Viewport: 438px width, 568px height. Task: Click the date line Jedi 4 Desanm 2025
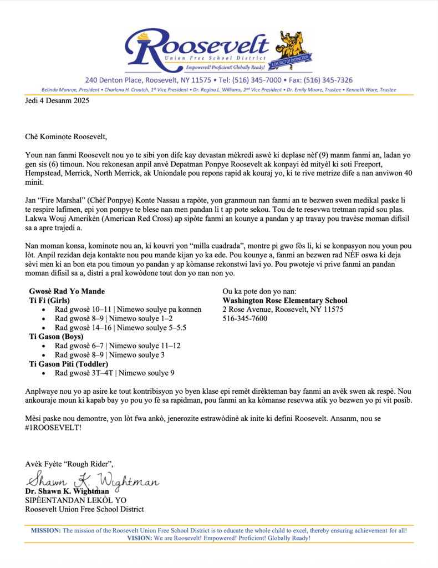coord(57,101)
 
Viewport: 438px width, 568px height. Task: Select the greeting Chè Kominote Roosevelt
coord(66,136)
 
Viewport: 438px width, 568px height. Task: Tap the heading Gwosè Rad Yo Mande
coord(67,292)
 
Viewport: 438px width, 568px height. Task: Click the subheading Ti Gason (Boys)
coord(56,337)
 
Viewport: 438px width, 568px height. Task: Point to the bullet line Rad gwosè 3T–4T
coord(114,373)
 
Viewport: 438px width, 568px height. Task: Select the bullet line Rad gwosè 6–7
coord(117,346)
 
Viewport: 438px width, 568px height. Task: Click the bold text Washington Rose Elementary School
coord(284,301)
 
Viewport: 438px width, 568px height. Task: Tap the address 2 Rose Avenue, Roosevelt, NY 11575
coord(282,310)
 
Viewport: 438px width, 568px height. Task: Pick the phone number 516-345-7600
coord(245,318)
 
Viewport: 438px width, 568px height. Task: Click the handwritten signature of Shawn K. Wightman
coord(91,478)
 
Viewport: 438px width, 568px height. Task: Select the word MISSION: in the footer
coord(46,531)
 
